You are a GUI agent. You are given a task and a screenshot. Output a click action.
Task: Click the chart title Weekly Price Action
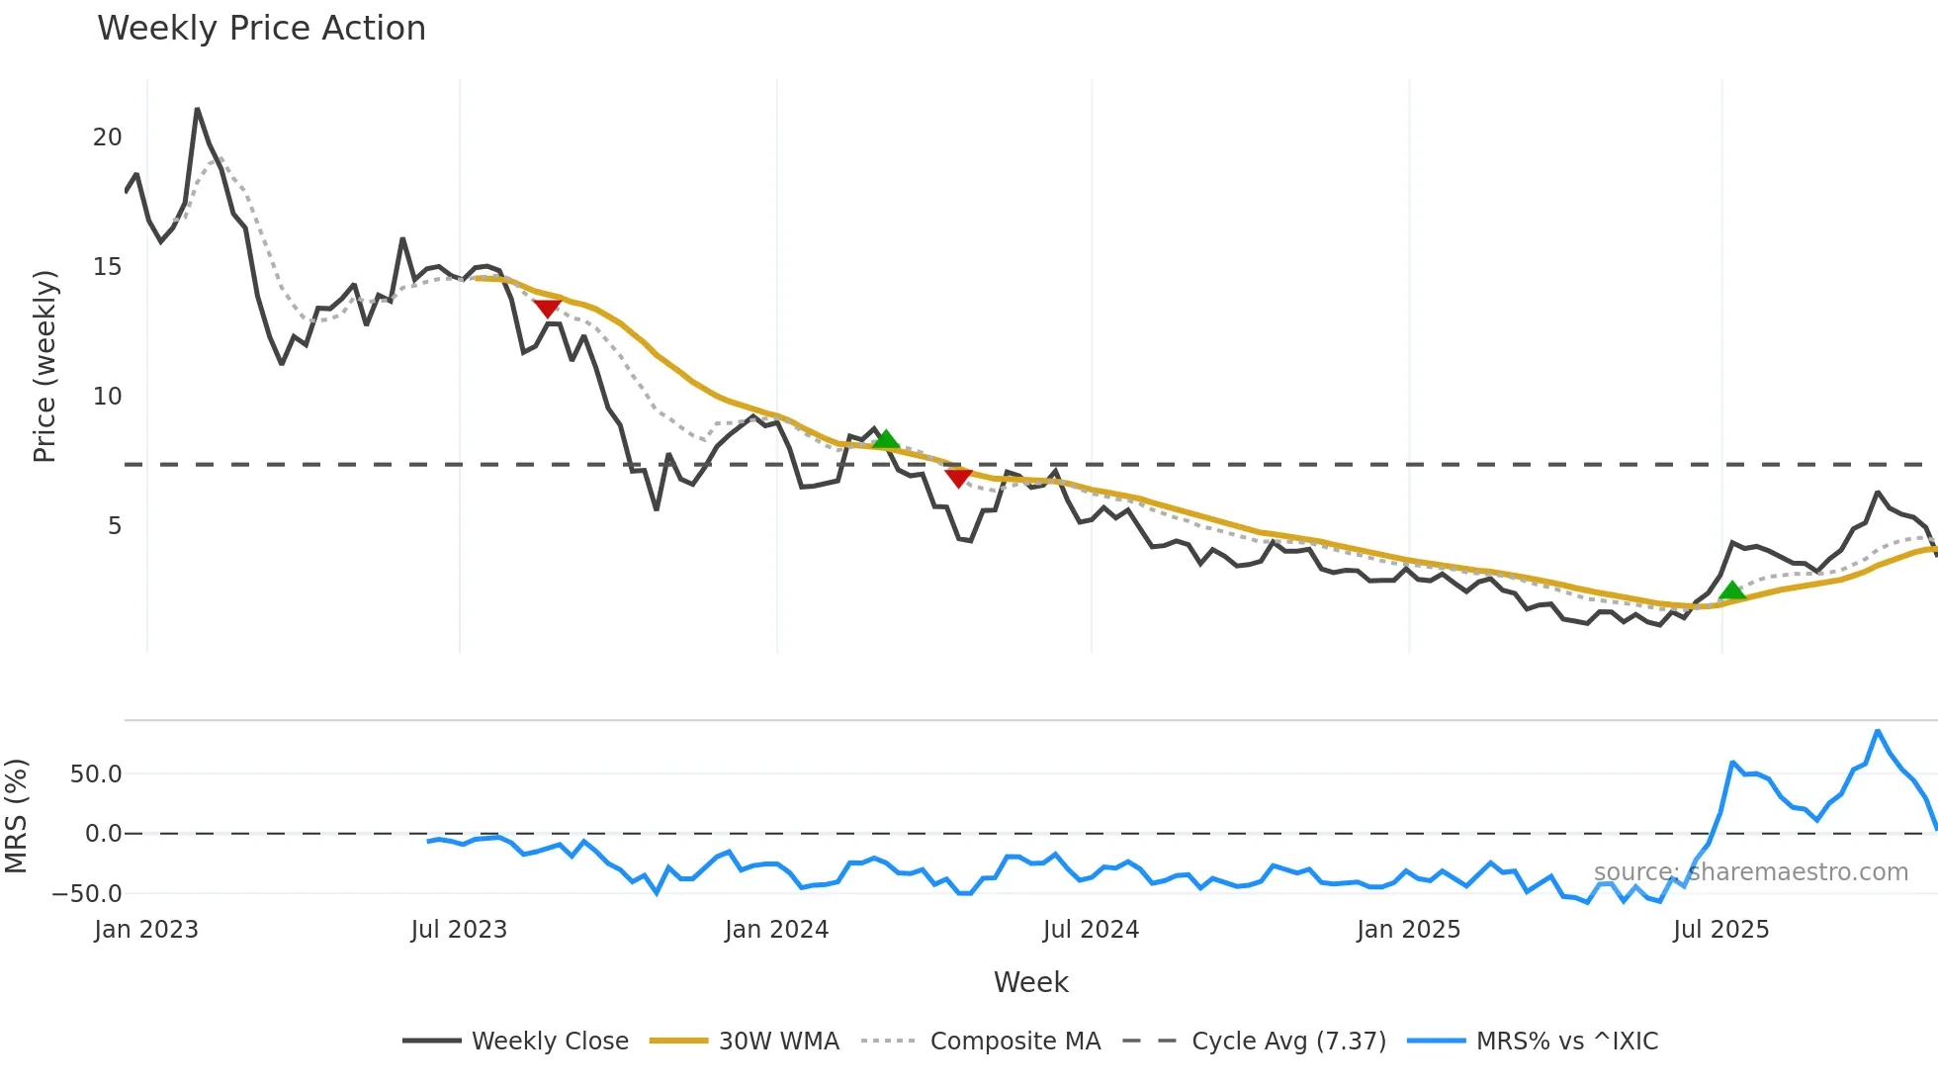[261, 29]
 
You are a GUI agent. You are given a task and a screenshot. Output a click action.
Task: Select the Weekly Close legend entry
[549, 1042]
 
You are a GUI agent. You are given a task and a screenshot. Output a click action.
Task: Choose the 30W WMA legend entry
[778, 1042]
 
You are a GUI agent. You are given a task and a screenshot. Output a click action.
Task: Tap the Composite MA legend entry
[1014, 1042]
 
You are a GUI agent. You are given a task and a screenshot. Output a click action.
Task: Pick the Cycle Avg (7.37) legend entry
[1288, 1042]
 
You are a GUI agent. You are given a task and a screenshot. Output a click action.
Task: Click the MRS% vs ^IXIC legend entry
[1566, 1042]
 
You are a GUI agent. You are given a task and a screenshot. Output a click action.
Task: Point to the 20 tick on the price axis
[108, 137]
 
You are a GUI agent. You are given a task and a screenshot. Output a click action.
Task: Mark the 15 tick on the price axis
[108, 267]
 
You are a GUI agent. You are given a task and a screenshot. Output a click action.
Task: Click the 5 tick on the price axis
[115, 526]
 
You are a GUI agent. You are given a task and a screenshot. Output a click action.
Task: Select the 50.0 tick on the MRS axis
[96, 774]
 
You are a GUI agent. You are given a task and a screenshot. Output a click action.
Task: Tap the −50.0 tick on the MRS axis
[87, 894]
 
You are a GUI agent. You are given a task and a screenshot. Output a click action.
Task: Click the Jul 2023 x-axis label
[459, 930]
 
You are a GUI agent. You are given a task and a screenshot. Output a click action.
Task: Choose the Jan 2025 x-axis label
[1408, 930]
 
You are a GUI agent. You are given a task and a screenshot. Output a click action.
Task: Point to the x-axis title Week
[1030, 982]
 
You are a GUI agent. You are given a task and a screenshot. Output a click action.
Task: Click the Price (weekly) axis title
[44, 366]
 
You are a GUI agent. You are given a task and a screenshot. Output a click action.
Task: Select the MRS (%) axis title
[16, 816]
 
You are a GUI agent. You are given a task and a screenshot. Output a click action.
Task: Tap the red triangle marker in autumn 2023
[547, 309]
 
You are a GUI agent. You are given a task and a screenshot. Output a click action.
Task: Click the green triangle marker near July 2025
[1732, 591]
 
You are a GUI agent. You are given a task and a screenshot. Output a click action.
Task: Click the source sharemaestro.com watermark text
[1750, 872]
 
